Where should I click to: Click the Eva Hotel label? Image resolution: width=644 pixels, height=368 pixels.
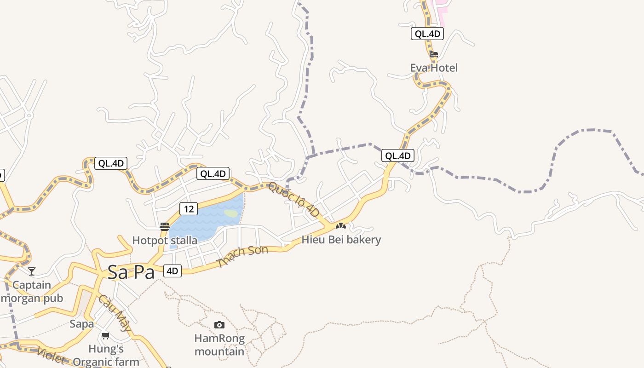click(434, 68)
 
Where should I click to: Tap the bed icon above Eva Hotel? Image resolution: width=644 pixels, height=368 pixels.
click(433, 54)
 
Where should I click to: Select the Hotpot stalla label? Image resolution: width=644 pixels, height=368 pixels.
click(165, 240)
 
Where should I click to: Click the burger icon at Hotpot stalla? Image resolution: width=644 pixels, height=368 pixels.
click(165, 226)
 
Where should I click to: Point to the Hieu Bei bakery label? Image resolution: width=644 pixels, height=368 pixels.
click(341, 240)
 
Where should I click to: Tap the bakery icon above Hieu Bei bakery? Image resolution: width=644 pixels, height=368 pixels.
click(341, 226)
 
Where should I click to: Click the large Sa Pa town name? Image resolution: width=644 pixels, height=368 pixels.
click(131, 272)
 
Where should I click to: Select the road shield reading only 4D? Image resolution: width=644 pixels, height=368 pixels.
click(172, 271)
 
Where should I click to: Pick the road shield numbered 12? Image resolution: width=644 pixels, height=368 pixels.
click(189, 209)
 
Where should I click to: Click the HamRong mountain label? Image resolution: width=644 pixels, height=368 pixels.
click(219, 345)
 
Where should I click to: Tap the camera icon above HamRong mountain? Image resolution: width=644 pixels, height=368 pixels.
click(219, 325)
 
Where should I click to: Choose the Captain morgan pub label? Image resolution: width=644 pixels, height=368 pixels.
click(32, 292)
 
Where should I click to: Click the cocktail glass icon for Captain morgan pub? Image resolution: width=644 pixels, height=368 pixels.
click(32, 271)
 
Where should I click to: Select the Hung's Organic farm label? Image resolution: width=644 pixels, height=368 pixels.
click(106, 355)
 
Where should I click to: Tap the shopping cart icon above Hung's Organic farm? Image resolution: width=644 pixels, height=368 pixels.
click(106, 336)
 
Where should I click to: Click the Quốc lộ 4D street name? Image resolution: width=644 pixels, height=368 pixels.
click(294, 200)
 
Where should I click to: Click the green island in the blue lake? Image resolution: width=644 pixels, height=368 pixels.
click(231, 213)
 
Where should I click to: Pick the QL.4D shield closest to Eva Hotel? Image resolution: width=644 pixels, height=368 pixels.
click(427, 34)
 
